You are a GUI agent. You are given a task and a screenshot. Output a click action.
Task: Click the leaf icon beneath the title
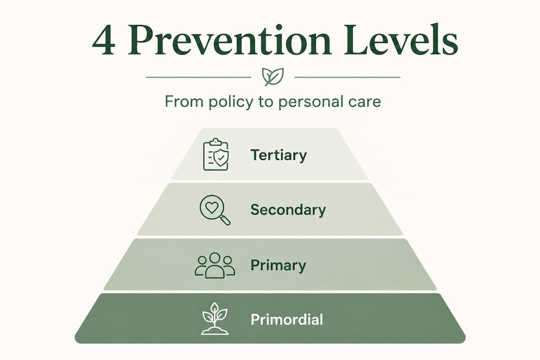[272, 77]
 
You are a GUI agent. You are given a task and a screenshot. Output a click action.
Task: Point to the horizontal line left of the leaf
[198, 77]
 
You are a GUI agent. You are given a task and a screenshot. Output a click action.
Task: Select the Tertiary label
[278, 155]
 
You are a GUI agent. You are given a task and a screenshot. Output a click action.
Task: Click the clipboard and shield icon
[215, 155]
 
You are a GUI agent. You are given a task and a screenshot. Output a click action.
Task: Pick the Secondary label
[288, 209]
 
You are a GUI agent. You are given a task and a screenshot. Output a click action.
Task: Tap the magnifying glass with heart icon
[214, 209]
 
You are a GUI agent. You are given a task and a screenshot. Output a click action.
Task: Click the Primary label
[278, 265]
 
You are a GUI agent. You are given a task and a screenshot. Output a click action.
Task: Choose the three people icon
[214, 265]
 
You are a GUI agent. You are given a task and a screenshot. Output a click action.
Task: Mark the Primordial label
[286, 319]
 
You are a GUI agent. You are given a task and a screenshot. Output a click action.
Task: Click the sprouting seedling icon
[214, 318]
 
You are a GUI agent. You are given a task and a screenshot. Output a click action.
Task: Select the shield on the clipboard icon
[219, 158]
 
